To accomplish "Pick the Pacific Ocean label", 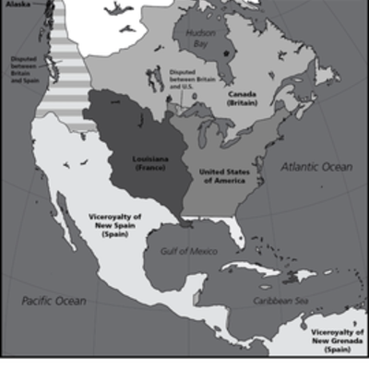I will (54, 302).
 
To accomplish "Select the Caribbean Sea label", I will (276, 300).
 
